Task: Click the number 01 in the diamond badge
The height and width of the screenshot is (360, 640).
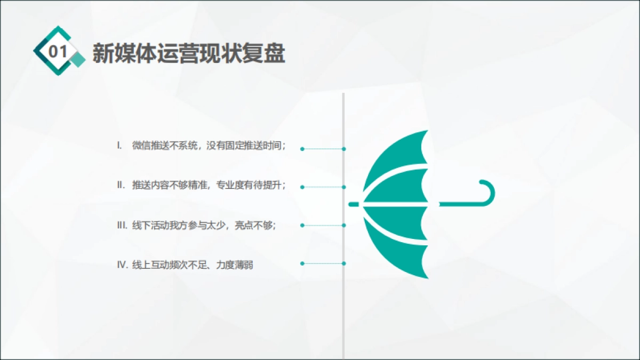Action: pos(58,52)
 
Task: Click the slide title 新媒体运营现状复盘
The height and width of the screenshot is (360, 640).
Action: pos(189,53)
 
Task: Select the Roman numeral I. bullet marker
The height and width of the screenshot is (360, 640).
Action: pos(120,145)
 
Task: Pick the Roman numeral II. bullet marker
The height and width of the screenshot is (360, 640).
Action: pos(121,185)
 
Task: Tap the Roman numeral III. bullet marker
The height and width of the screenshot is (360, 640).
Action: pos(122,225)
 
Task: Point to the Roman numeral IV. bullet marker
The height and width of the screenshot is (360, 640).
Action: pos(123,265)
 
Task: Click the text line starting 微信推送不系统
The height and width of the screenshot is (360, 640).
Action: pos(209,145)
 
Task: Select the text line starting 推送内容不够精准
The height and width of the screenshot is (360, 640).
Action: pos(209,185)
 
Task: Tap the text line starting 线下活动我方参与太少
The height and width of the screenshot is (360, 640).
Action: pos(204,225)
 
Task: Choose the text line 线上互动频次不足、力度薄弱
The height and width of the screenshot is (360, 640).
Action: pos(193,265)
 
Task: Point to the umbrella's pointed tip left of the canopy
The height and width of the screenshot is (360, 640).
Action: pos(354,204)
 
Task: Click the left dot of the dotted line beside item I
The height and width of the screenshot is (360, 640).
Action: pos(302,149)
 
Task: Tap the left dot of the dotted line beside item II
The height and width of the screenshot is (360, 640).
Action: pos(302,187)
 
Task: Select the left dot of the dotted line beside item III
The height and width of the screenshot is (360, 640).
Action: pos(302,226)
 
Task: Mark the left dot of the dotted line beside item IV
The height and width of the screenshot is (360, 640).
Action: pos(302,263)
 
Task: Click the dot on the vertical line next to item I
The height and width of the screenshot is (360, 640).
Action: pos(344,149)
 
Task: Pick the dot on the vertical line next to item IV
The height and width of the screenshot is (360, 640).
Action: pos(344,263)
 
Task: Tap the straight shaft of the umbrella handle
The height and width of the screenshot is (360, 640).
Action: pos(459,204)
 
